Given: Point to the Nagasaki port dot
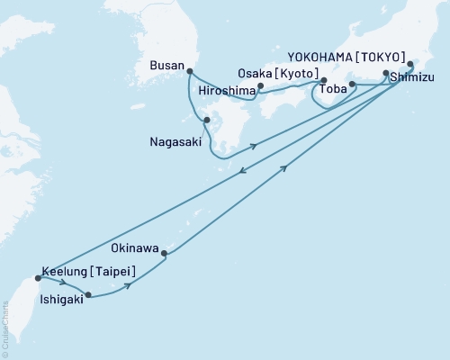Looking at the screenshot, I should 207,120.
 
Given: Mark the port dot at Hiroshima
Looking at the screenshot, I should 260,86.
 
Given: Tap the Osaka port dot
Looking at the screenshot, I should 323,81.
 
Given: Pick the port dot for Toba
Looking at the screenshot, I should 352,85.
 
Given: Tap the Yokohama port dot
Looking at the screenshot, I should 410,64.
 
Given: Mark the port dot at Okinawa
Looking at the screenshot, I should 164,254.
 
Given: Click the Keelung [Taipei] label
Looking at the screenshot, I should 89,271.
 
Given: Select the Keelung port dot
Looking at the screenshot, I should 38,278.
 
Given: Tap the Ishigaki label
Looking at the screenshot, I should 61,300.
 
